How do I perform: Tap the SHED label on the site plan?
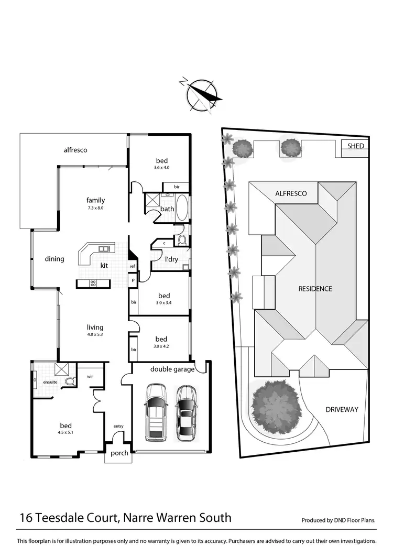(355, 146)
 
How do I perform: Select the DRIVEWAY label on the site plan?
(342, 409)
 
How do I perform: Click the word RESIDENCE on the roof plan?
(315, 289)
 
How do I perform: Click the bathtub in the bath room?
(182, 208)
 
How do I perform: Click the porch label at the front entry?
(119, 453)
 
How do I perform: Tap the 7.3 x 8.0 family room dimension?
(96, 208)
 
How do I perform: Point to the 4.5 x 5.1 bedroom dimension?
(65, 433)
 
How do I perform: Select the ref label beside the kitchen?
(133, 267)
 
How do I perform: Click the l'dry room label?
(171, 259)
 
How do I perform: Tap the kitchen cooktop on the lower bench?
(93, 284)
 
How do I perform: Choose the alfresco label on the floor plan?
(75, 150)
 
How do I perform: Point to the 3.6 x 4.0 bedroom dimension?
(161, 168)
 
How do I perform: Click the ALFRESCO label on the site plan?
(291, 193)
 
